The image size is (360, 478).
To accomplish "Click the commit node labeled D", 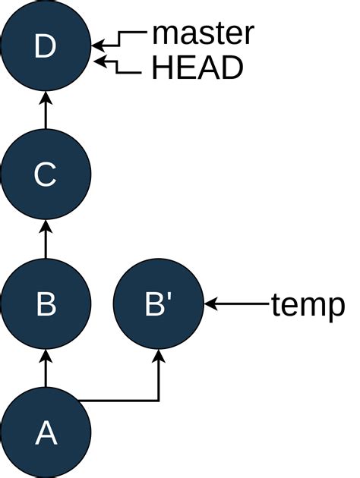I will click(46, 47).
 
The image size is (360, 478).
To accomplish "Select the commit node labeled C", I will click(46, 175).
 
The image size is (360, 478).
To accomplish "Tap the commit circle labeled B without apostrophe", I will click(46, 304).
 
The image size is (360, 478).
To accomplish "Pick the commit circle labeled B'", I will click(159, 304).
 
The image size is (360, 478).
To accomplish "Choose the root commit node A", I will click(46, 432).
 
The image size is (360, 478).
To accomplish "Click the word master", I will click(203, 33).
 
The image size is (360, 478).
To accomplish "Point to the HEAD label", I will click(197, 68).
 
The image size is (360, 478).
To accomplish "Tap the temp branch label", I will click(308, 305).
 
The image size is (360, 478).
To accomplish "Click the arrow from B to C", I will click(46, 240).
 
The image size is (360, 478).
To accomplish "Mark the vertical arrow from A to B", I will click(46, 369).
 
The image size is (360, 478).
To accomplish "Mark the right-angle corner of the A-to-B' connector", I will click(159, 400).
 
